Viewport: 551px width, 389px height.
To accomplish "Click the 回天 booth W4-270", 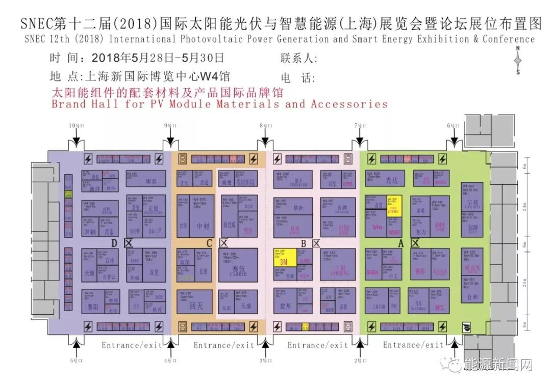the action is click(x=194, y=302).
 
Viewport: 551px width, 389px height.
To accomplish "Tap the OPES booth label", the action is click(x=347, y=183).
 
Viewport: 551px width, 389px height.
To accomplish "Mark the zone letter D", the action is click(x=115, y=244).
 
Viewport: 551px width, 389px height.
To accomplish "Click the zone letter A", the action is click(x=401, y=244).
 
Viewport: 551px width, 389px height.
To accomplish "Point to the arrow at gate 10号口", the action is click(x=76, y=140).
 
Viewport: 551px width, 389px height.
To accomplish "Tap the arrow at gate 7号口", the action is click(x=361, y=140).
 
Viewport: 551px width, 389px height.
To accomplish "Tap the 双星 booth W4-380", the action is click(x=153, y=264).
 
